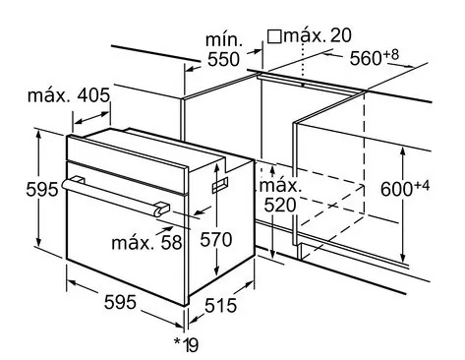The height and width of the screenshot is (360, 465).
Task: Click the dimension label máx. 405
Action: [69, 95]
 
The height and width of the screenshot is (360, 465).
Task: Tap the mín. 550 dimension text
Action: [224, 50]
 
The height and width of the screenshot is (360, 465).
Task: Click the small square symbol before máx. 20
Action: [274, 36]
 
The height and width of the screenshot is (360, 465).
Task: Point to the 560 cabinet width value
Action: [366, 59]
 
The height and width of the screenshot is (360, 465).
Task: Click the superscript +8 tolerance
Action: [390, 54]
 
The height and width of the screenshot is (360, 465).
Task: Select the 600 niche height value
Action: [396, 189]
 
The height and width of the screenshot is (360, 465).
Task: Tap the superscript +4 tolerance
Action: [422, 186]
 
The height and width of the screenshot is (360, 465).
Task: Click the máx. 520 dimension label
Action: [280, 196]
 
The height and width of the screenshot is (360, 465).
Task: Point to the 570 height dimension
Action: [216, 239]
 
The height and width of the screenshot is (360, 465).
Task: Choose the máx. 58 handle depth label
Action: [146, 243]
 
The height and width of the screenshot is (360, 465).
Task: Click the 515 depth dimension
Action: [220, 306]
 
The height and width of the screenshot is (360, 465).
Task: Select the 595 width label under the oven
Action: [120, 302]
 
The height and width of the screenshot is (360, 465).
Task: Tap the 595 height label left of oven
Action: [42, 189]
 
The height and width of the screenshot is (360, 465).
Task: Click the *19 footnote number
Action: [186, 344]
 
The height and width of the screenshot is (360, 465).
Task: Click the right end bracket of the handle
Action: [162, 210]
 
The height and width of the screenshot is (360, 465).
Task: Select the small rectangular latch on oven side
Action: [220, 186]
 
